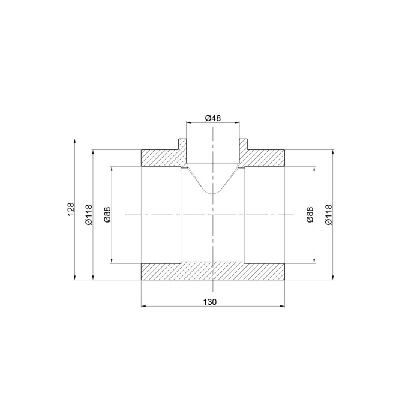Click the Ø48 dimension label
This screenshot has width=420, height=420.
213,118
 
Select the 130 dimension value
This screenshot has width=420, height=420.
209,302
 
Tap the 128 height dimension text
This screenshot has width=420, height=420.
70,209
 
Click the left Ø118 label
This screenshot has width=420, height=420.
88,215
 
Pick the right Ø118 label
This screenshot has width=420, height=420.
328,215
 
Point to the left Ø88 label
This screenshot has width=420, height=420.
107,215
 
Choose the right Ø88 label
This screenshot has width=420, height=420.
310,215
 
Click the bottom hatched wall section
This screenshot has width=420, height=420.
212,272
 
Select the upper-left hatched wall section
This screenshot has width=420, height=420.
164,155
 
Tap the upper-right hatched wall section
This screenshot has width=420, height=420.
262,155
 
